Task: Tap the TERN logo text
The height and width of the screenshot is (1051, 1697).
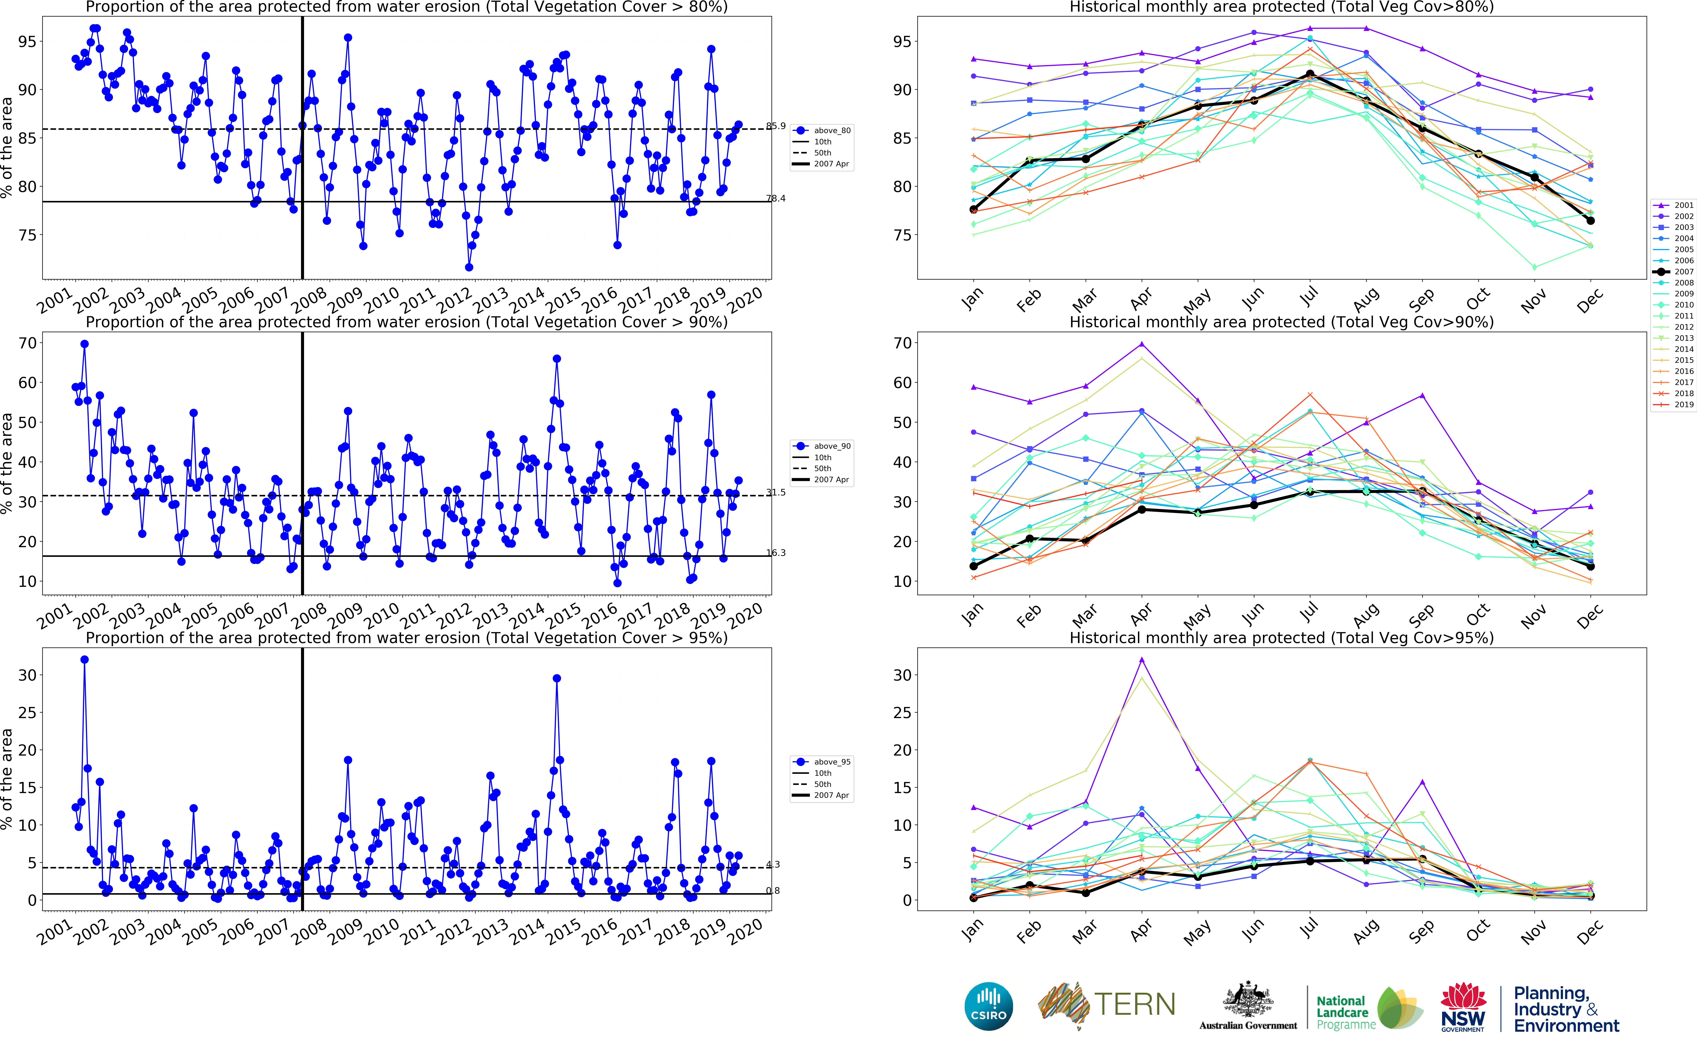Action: [1135, 1004]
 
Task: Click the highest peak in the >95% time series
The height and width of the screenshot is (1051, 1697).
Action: [84, 660]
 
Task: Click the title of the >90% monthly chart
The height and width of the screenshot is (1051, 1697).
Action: [1281, 322]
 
